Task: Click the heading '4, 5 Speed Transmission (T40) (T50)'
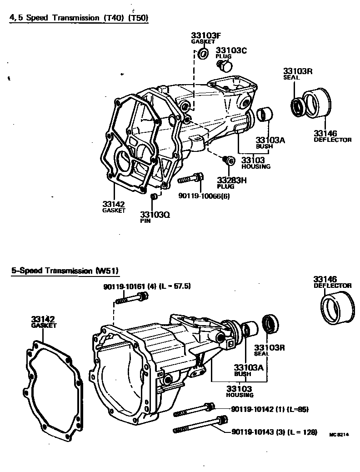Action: pos(80,18)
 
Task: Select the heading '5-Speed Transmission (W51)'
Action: pos(65,271)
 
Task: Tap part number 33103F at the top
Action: pos(202,35)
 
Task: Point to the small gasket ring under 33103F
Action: pos(203,55)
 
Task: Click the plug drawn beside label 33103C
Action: pos(224,66)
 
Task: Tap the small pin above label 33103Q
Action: pos(154,196)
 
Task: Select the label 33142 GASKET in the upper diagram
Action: pos(113,206)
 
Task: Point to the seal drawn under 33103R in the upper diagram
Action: pos(298,106)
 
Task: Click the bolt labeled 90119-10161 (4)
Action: pos(132,299)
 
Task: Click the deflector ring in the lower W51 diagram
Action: pos(337,307)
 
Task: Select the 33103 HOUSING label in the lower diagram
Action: pos(239,392)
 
